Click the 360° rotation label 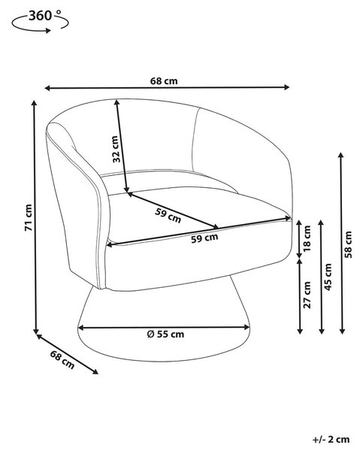[x=45, y=16]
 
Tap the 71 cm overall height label [x=29, y=218]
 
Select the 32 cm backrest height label [x=115, y=149]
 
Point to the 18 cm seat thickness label [x=307, y=238]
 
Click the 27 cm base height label [x=307, y=295]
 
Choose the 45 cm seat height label [x=328, y=277]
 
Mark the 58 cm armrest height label [x=348, y=244]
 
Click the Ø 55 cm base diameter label [x=165, y=334]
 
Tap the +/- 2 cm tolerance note [x=331, y=440]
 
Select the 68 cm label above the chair [x=164, y=81]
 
